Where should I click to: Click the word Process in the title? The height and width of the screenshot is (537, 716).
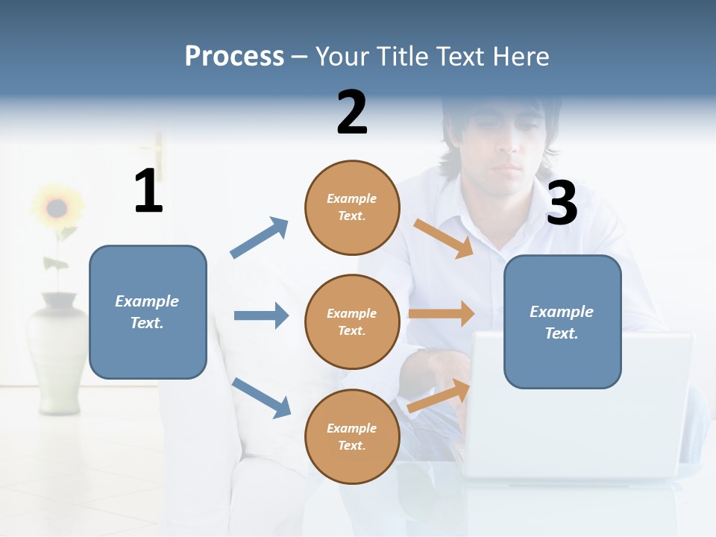coord(234,57)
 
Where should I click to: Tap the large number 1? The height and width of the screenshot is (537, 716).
coord(148,191)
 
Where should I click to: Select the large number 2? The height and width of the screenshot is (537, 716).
coord(352,112)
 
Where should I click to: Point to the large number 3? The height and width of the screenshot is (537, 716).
coord(562,203)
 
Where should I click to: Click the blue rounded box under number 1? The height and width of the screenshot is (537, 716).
coord(148,312)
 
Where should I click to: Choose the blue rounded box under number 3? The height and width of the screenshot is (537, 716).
coord(562,321)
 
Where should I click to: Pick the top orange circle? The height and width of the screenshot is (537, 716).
coord(352,207)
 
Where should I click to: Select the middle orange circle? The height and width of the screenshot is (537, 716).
coord(352,321)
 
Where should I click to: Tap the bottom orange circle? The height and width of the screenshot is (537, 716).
coord(352,436)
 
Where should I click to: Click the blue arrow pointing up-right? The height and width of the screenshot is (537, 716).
coord(259,238)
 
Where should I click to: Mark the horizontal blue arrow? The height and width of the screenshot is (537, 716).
coord(261,315)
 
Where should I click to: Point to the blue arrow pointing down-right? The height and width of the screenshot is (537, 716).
coord(261,398)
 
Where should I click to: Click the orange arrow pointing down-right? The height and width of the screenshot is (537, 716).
coord(443,238)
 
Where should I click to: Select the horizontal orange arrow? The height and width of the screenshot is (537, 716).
coord(442,314)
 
